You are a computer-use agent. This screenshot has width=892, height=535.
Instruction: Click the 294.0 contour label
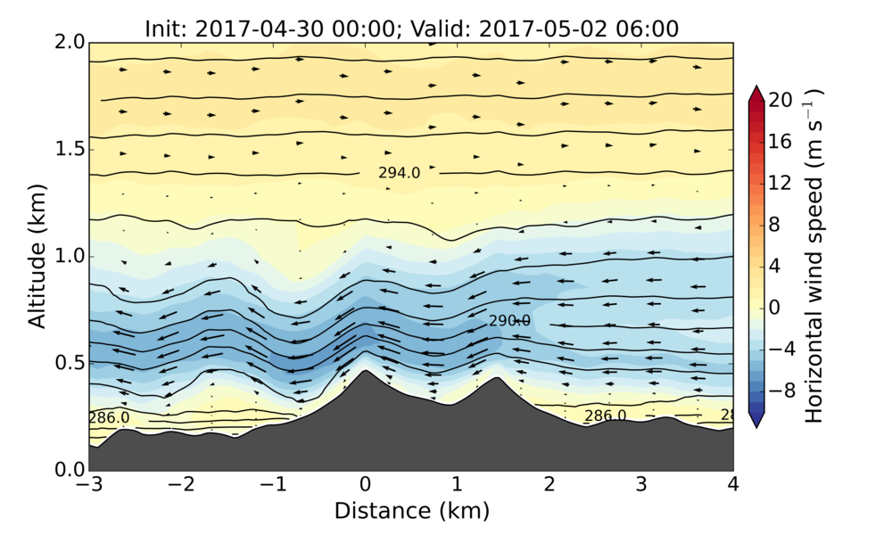[399, 173]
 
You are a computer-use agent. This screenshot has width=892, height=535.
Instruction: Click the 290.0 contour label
[509, 321]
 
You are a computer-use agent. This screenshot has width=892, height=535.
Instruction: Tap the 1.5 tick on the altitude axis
[89, 149]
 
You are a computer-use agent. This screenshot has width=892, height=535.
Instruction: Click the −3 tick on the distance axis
[89, 470]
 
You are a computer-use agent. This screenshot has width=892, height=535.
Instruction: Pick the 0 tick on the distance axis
[365, 470]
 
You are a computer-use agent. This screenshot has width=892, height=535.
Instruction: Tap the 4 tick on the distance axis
[733, 470]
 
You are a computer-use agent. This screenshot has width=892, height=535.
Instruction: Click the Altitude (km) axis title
[37, 256]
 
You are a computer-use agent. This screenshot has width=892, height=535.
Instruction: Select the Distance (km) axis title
[411, 511]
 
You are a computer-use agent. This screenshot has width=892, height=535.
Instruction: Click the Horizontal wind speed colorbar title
[814, 256]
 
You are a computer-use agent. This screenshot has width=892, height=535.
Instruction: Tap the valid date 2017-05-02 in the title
[550, 29]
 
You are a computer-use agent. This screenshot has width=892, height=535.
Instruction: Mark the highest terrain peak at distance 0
[365, 370]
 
